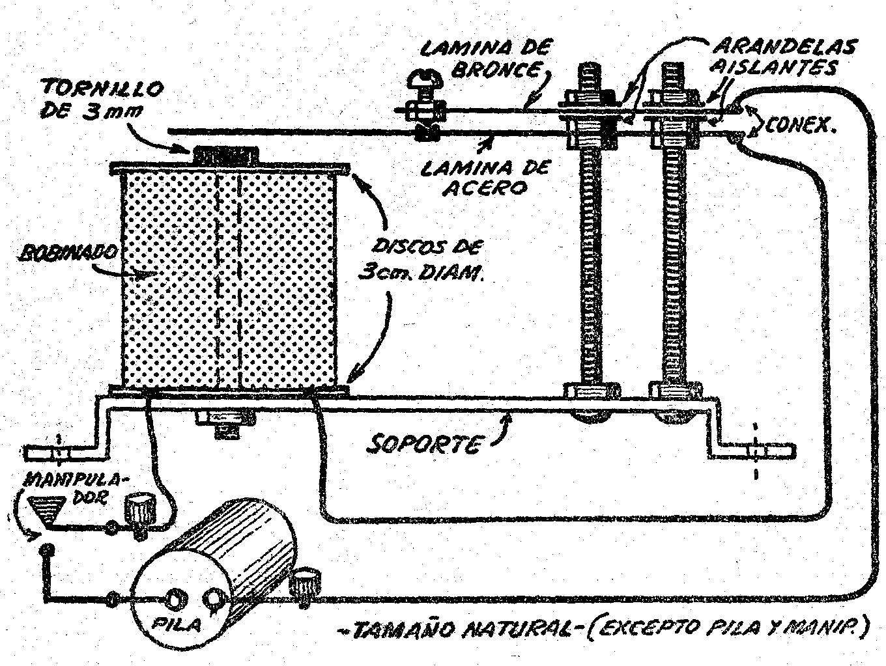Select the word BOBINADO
point(68,253)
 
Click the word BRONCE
point(496,70)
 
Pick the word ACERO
point(485,188)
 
